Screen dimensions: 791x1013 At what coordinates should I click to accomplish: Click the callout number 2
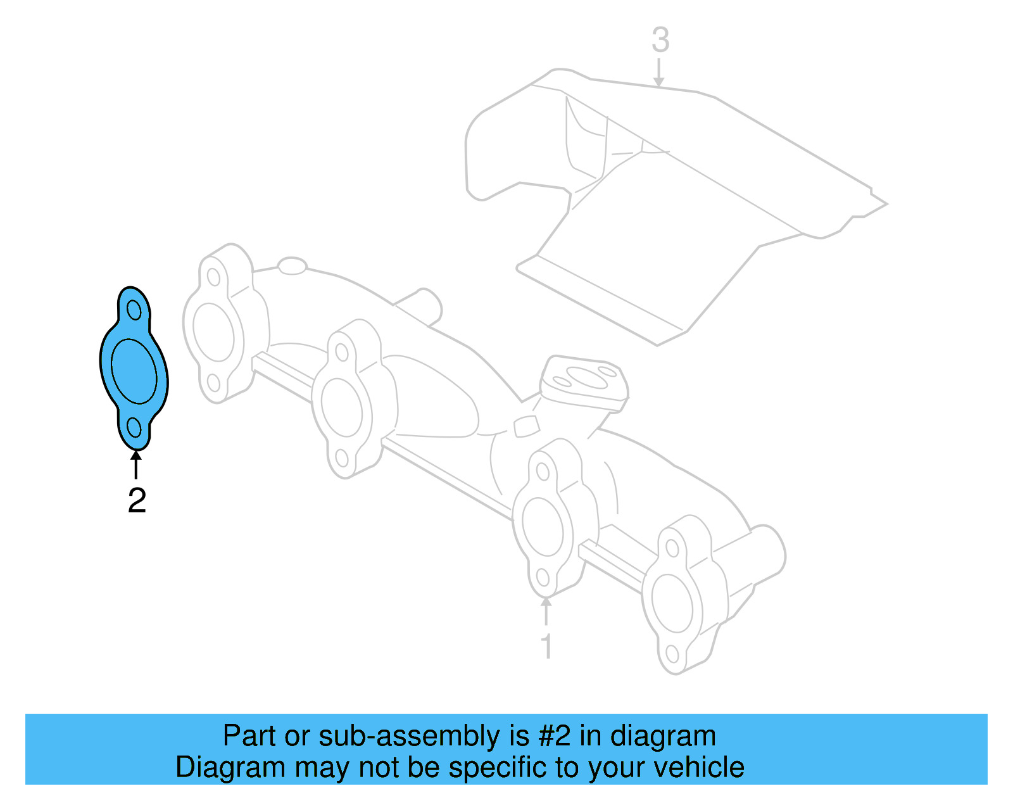point(137,500)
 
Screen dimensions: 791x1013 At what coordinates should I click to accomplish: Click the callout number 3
point(660,40)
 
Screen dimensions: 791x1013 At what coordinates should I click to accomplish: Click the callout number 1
point(546,647)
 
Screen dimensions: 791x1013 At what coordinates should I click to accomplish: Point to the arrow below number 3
point(659,72)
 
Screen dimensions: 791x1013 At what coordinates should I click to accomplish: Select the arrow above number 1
point(546,611)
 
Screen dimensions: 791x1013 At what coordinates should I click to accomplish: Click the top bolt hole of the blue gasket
point(134,310)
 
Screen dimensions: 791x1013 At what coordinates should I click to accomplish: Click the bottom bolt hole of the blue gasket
point(134,427)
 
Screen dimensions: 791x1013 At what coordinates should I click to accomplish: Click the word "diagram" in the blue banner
point(662,736)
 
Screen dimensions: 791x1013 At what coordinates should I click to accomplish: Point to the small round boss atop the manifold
point(292,265)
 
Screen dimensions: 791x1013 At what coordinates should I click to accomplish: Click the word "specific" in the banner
point(496,767)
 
